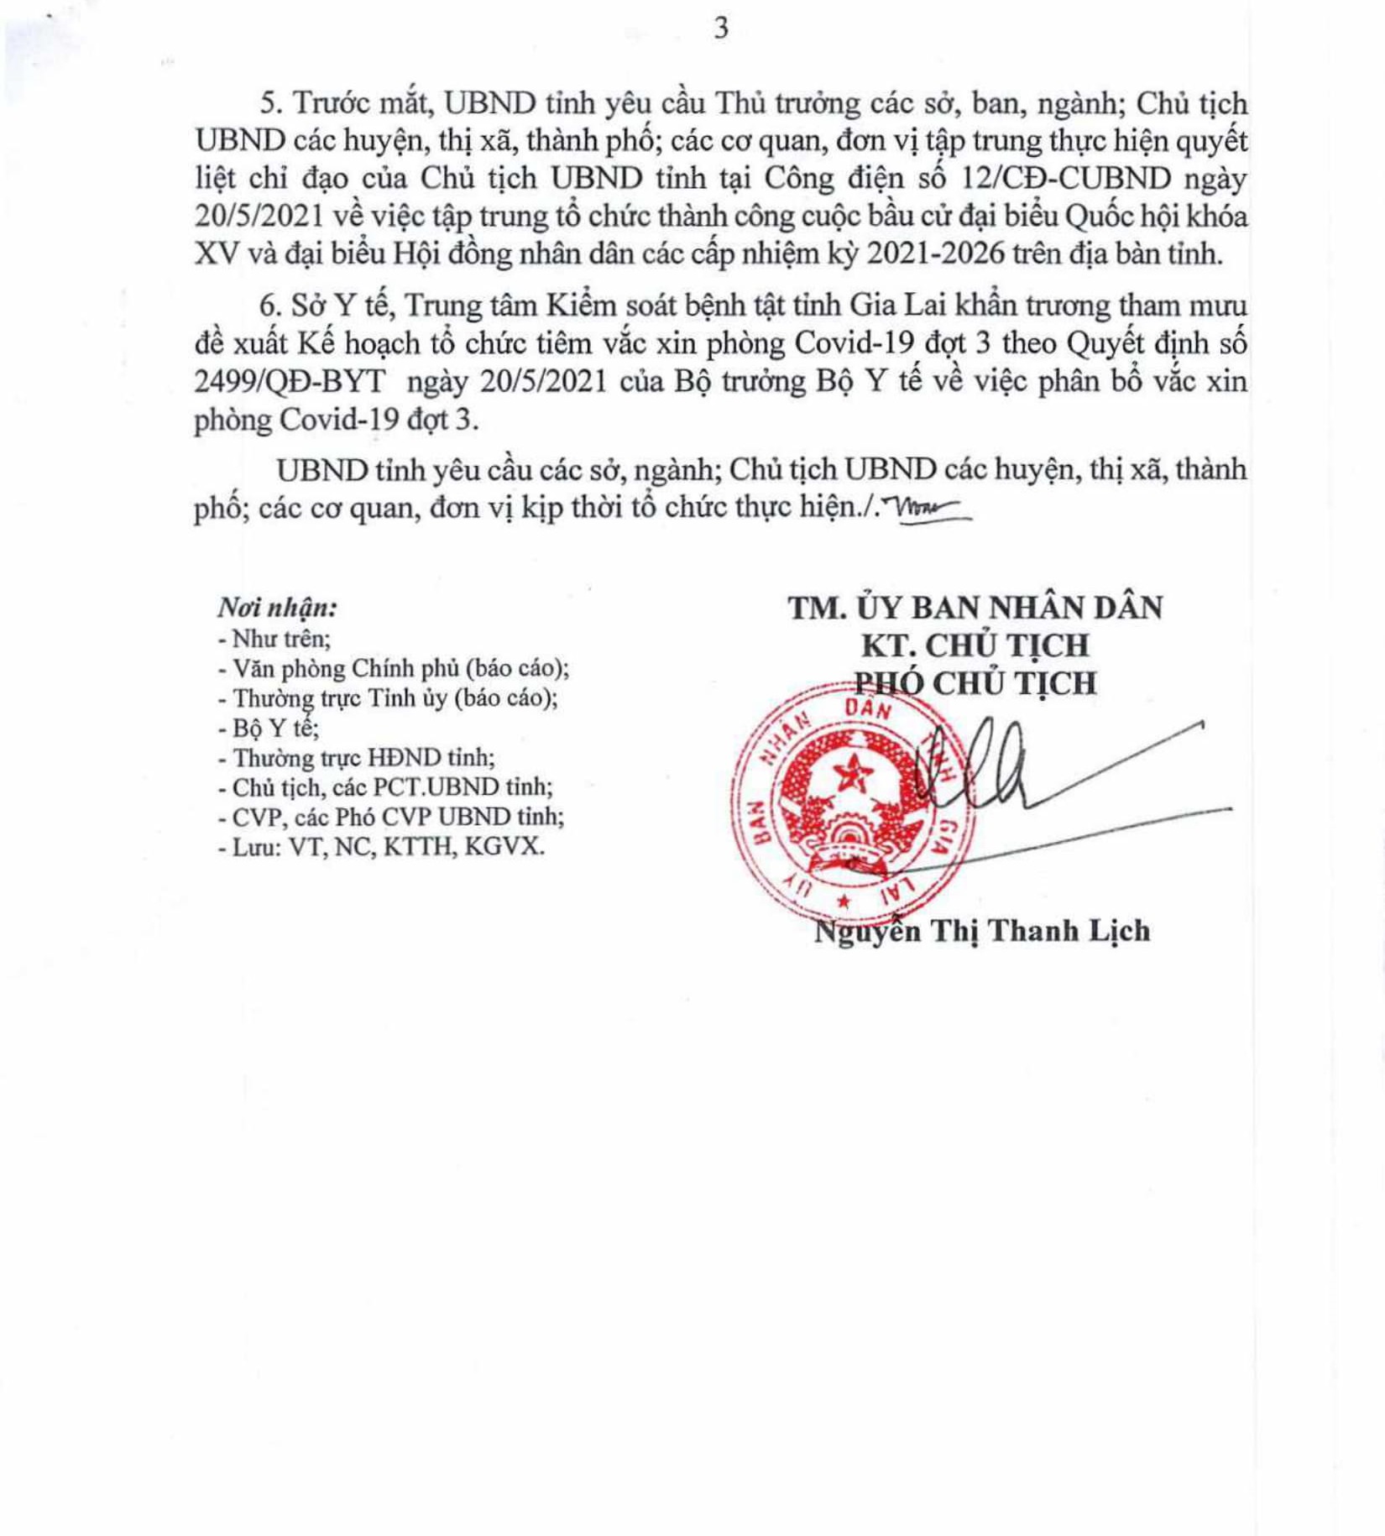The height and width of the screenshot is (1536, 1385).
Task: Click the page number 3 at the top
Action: point(721,29)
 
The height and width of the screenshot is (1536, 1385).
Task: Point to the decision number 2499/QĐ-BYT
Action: point(290,381)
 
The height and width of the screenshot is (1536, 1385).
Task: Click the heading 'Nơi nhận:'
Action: point(278,607)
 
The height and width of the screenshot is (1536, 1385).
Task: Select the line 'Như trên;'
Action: point(274,639)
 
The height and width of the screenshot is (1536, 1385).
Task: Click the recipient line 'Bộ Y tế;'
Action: point(269,728)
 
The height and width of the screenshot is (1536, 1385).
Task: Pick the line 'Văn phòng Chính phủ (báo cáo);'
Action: point(394,668)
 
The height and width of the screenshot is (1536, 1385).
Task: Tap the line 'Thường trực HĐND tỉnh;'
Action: point(357,758)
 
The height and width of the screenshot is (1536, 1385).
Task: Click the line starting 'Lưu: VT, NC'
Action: point(381,847)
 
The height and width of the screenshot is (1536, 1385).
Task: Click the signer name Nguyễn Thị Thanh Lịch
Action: point(982,931)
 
